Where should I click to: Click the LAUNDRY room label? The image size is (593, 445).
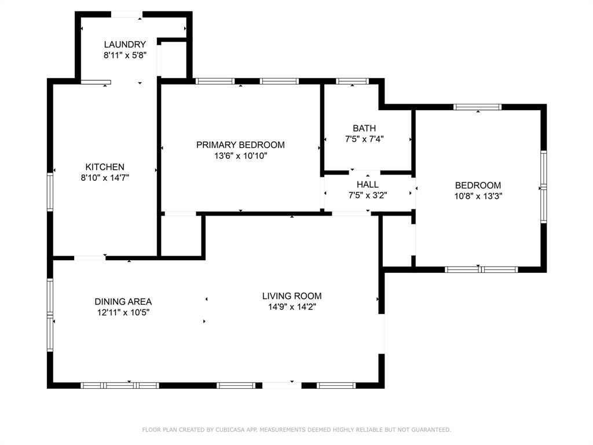click(125, 45)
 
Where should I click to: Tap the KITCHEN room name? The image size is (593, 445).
click(105, 167)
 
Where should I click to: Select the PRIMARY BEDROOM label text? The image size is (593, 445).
click(240, 145)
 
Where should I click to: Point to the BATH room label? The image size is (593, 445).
click(364, 128)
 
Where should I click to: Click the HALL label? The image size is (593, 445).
click(368, 185)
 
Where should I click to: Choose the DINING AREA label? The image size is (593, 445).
click(123, 301)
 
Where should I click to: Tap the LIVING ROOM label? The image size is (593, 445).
click(292, 296)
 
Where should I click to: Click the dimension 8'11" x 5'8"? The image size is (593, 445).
click(125, 56)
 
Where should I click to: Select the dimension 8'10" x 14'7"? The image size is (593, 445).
click(105, 178)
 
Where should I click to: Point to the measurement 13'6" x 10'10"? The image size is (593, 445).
click(240, 156)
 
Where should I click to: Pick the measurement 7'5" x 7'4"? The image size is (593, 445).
click(364, 139)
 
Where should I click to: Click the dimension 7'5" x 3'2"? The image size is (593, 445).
click(368, 196)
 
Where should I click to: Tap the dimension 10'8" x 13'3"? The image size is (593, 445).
click(478, 196)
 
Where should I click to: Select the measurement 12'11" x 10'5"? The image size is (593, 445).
click(123, 312)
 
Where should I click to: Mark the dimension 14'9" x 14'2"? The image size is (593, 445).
click(292, 307)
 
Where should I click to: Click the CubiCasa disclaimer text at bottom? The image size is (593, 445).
click(296, 430)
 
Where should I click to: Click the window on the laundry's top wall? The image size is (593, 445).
click(127, 14)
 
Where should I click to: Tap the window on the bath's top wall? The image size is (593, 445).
click(352, 81)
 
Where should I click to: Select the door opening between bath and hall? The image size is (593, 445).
click(365, 172)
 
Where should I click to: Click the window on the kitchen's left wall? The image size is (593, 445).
click(50, 192)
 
